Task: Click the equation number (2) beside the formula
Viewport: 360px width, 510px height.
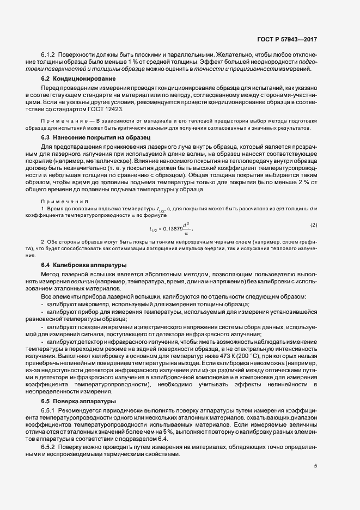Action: pos(313,224)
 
